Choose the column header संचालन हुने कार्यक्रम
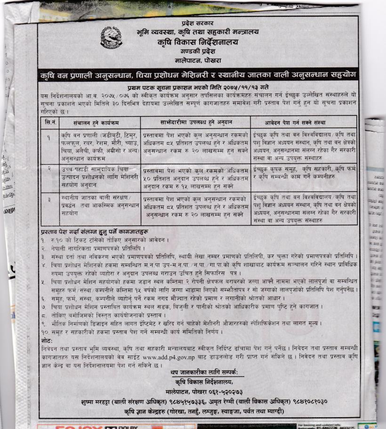point(100,123)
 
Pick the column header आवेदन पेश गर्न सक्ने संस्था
point(304,123)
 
